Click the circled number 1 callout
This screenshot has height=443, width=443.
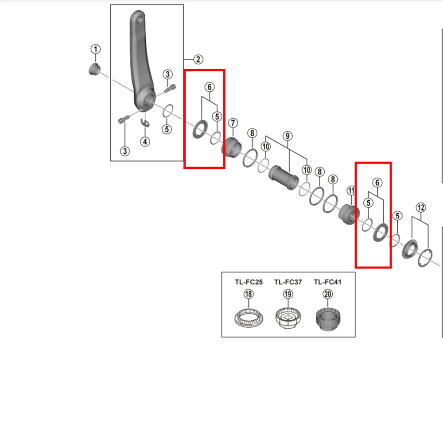coord(96,49)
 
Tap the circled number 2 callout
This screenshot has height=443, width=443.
coord(198,59)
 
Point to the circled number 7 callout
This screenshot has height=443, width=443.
coord(233,123)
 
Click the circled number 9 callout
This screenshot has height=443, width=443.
coord(287,136)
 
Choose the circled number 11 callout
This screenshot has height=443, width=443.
coord(351,190)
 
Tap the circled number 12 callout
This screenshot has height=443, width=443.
coord(420,207)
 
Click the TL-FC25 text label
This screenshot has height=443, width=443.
coord(249,282)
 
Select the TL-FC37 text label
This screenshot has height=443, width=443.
coord(288,282)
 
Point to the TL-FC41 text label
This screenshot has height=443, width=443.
coord(327,282)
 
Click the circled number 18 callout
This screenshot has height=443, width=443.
coord(249,294)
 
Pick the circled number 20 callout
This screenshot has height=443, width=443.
coord(327,294)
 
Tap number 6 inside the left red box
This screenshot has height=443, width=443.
coord(209,87)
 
